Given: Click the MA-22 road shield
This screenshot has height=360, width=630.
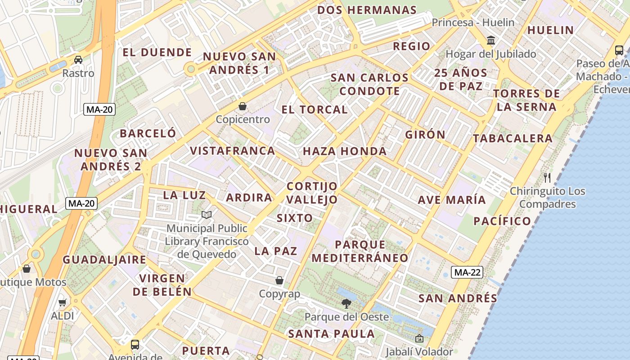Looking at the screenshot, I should [x=468, y=272].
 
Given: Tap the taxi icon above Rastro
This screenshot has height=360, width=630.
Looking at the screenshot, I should [x=78, y=60].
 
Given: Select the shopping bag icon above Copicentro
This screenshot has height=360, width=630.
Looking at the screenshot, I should [x=243, y=106].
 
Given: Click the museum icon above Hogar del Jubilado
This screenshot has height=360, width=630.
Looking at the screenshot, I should [x=491, y=40].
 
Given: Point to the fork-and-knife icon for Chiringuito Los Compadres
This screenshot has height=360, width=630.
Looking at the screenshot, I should [x=547, y=177].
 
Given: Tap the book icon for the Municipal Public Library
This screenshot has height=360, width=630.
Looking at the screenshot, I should [x=207, y=215].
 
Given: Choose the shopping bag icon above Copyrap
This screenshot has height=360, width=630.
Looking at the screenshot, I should [x=279, y=280].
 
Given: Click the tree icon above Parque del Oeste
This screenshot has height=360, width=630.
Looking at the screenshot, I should [x=346, y=303].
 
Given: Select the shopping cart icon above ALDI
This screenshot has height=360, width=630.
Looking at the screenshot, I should [x=63, y=302].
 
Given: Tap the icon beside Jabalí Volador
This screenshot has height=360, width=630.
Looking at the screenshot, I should [x=419, y=338].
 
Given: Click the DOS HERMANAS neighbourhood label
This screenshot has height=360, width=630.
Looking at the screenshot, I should [x=367, y=10].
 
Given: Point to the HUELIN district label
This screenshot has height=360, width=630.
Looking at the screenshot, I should [x=550, y=30].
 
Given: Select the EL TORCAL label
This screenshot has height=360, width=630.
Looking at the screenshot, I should [x=315, y=109].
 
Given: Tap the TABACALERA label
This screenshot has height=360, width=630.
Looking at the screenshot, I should [x=513, y=138].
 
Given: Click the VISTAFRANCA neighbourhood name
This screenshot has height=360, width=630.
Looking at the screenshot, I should [x=232, y=150].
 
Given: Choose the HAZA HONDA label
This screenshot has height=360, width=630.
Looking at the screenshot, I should [x=345, y=151].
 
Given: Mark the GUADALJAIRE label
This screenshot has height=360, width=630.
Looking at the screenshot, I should [x=104, y=260].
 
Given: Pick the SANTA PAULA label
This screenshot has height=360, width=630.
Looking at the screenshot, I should [x=331, y=333].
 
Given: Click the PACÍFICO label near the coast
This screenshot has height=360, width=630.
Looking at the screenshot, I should [x=502, y=221].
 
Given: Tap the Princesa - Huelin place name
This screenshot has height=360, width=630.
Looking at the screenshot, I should [x=473, y=22].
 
